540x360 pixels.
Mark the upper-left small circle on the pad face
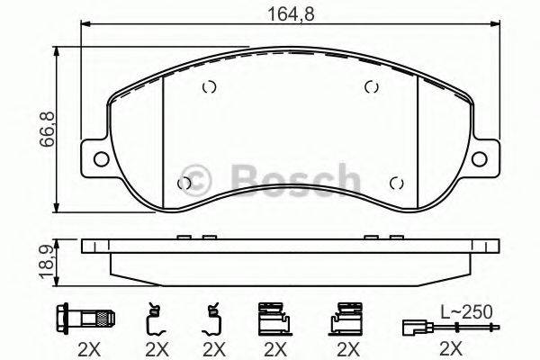(x=209, y=87)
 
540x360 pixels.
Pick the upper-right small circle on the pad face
(x=370, y=87)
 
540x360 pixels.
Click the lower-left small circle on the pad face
(x=185, y=184)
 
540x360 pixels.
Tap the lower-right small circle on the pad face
(x=395, y=184)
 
